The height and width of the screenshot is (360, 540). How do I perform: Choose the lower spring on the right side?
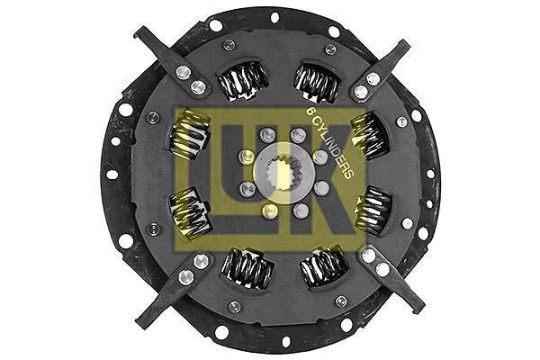click(371, 212)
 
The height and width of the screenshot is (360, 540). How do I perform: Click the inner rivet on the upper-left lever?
click(198, 87)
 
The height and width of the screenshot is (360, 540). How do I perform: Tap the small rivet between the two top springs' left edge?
click(229, 45)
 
